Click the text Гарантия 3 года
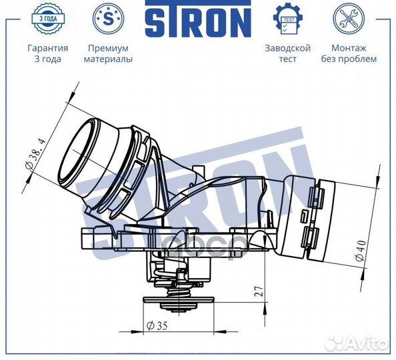[x=47, y=53]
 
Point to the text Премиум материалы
[x=108, y=53]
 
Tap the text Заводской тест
[x=288, y=53]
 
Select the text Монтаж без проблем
[x=353, y=53]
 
